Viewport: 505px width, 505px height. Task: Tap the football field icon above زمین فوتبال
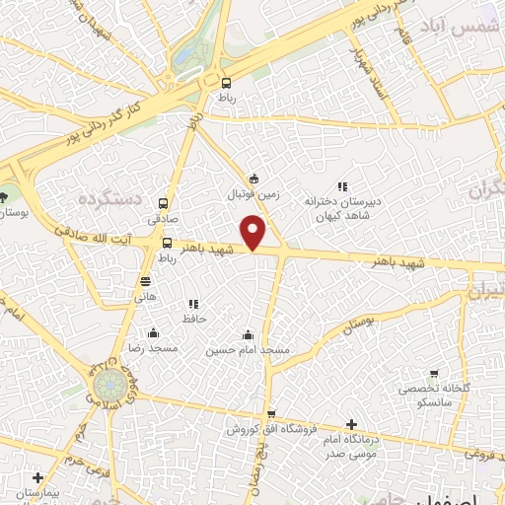254,179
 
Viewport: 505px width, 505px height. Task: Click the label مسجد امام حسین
248,350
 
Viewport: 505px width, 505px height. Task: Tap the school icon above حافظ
193,303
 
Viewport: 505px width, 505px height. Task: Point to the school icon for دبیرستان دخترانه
342,185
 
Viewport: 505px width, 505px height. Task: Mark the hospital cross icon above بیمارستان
37,477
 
